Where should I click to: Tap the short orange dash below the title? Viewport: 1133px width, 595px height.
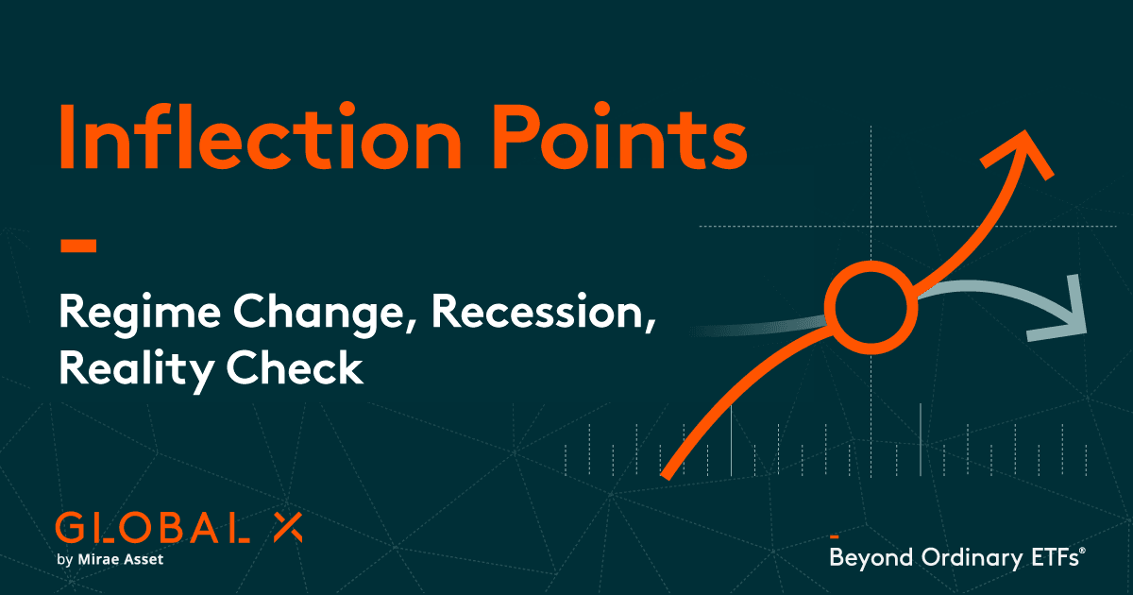(x=78, y=246)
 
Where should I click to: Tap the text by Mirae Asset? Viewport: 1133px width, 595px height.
(x=110, y=561)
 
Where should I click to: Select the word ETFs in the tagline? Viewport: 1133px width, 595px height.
(x=1051, y=557)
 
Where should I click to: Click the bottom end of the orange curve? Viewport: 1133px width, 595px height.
(x=668, y=472)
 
